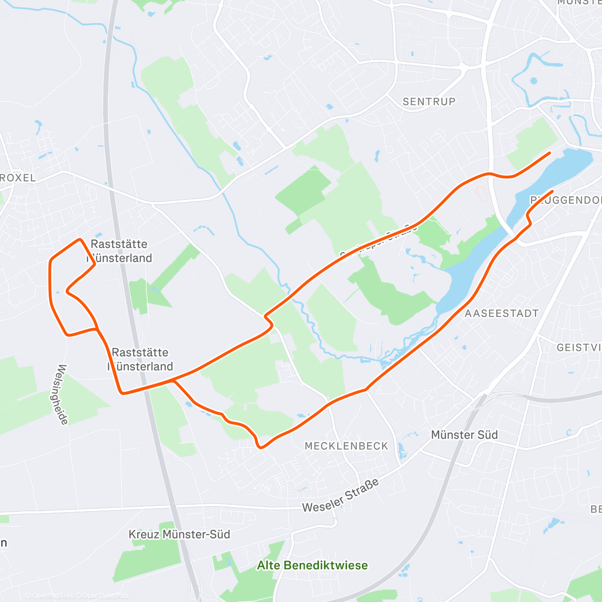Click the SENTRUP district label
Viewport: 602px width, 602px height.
coord(429,101)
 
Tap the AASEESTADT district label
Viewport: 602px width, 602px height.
coord(502,314)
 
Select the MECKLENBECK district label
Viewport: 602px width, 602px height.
coord(346,446)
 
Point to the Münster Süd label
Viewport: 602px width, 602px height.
coord(465,434)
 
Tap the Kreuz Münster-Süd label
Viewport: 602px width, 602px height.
coord(179,534)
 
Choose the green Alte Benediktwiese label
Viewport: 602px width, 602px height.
coord(312,565)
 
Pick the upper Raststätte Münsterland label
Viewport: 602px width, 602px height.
coord(119,251)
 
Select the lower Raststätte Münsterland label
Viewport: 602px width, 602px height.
coord(140,359)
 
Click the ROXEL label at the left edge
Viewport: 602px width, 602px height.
coord(18,178)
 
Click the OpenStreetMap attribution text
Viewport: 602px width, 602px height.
coord(105,595)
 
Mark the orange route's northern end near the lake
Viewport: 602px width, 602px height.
coord(550,153)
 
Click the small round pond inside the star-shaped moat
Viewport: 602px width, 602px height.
coord(533,80)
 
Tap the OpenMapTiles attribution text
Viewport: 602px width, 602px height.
coord(53,595)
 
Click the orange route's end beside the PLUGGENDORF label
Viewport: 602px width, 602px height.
coord(552,191)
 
